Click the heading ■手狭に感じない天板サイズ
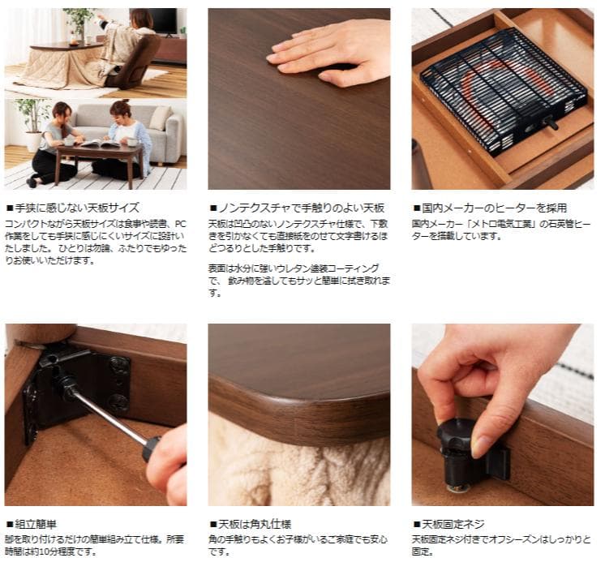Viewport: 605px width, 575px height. (x=73, y=208)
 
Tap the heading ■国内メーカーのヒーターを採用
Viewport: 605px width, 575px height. (x=489, y=208)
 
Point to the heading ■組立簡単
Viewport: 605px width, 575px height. (x=33, y=524)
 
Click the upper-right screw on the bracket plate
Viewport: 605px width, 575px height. (x=119, y=364)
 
